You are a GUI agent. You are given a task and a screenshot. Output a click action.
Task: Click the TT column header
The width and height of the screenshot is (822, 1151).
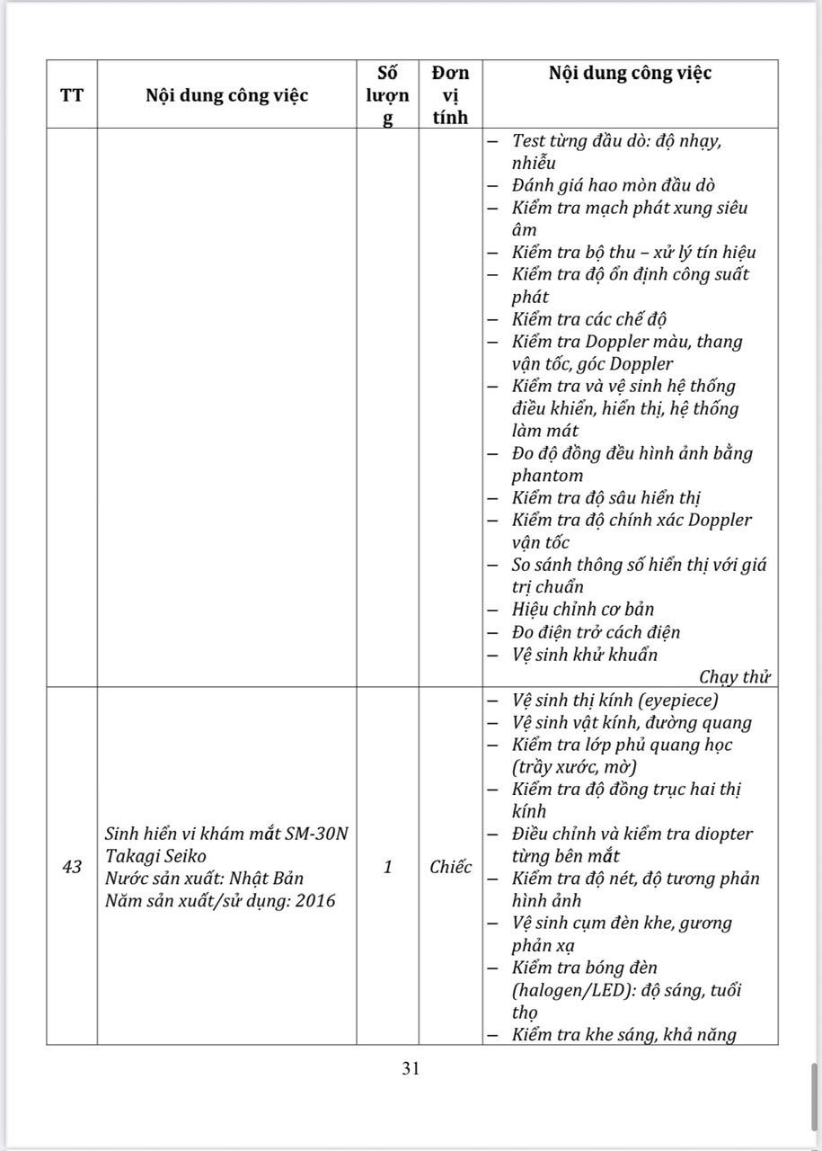72,94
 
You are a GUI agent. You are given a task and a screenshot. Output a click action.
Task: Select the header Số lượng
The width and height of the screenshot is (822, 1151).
388,94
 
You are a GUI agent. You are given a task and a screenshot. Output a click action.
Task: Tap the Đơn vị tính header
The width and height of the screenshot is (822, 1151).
450,94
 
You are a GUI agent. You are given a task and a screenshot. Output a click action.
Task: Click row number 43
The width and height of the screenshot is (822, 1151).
72,867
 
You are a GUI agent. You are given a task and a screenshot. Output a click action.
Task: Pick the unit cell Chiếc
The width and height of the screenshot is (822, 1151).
450,867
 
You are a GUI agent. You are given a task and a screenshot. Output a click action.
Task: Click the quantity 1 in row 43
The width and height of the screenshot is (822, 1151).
388,867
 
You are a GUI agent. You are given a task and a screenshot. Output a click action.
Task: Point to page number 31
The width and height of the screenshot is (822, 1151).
411,1068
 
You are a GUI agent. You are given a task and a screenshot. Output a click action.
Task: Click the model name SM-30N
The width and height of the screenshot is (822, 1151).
316,834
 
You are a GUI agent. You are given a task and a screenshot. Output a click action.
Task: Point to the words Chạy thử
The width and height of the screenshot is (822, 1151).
735,677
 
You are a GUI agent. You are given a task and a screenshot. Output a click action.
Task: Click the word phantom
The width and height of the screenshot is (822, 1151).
547,476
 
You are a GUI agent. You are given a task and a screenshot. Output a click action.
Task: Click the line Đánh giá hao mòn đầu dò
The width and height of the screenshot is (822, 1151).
613,185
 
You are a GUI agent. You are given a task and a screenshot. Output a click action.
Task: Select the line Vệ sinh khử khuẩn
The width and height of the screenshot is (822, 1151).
584,655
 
